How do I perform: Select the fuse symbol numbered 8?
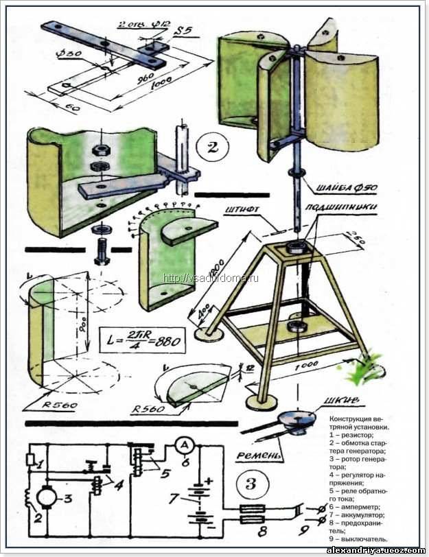point(255,516)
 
